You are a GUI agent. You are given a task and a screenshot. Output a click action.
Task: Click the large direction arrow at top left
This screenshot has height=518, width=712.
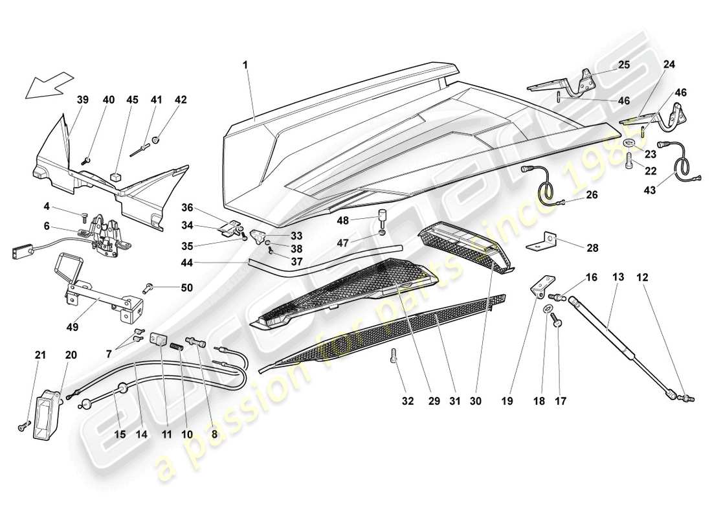point(49,85)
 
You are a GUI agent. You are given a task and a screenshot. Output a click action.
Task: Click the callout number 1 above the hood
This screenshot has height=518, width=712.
point(245,65)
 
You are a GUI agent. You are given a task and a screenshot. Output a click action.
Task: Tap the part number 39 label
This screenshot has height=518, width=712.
point(83,100)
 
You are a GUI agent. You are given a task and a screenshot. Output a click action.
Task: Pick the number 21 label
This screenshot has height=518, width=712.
point(40,355)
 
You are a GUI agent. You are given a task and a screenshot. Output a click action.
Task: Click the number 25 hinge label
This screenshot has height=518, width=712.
point(623,65)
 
